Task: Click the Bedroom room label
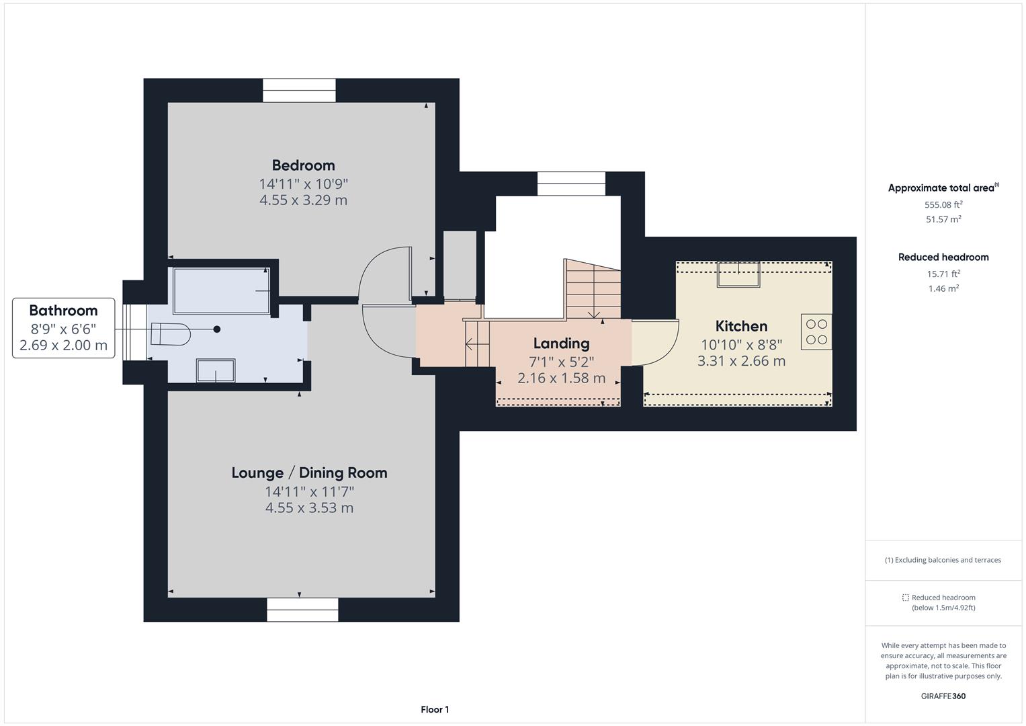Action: pos(303,165)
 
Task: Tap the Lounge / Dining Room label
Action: pos(309,473)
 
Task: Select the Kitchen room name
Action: pos(741,326)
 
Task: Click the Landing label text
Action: pos(561,344)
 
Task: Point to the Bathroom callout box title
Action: pos(63,311)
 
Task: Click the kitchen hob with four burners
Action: pos(816,331)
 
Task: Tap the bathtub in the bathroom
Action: pos(222,290)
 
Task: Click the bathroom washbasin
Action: pos(215,370)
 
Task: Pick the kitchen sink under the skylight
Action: pos(738,274)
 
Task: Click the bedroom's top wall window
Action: pos(299,90)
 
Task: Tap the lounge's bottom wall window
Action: pos(302,610)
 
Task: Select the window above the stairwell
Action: pos(571,184)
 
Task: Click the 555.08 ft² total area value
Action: pos(943,204)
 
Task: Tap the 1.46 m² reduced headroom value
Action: pos(943,288)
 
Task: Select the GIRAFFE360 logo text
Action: pos(943,696)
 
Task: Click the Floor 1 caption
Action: pos(435,709)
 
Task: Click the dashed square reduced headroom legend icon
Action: pos(905,598)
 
